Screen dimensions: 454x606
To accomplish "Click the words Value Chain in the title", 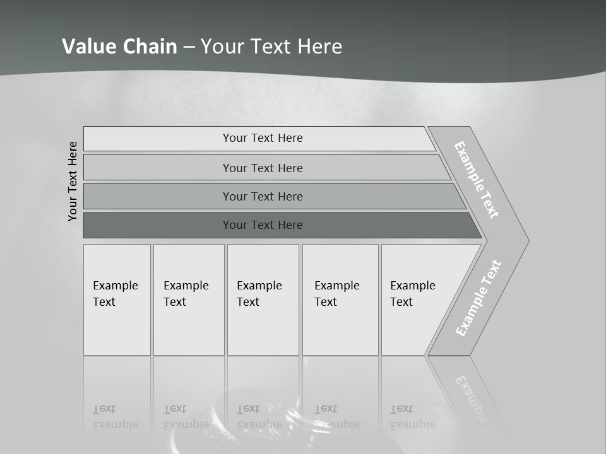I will (119, 46).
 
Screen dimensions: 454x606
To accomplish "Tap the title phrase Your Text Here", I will (271, 46).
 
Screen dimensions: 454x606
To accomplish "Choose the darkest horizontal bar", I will (158, 225).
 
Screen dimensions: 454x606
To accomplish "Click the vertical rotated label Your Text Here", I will (73, 181).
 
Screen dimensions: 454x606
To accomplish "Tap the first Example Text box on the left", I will (117, 300).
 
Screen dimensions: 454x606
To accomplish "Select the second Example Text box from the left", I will (188, 300).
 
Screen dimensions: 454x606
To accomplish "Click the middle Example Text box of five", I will (263, 300).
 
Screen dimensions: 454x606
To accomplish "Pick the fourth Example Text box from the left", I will (340, 300).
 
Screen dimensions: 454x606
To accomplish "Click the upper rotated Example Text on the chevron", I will (477, 180).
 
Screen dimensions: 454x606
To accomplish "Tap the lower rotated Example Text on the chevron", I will (478, 298).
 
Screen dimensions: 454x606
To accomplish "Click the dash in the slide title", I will (189, 47).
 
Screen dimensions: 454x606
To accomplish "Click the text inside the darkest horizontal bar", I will (263, 225).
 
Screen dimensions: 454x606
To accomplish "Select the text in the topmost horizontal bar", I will (263, 138).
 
